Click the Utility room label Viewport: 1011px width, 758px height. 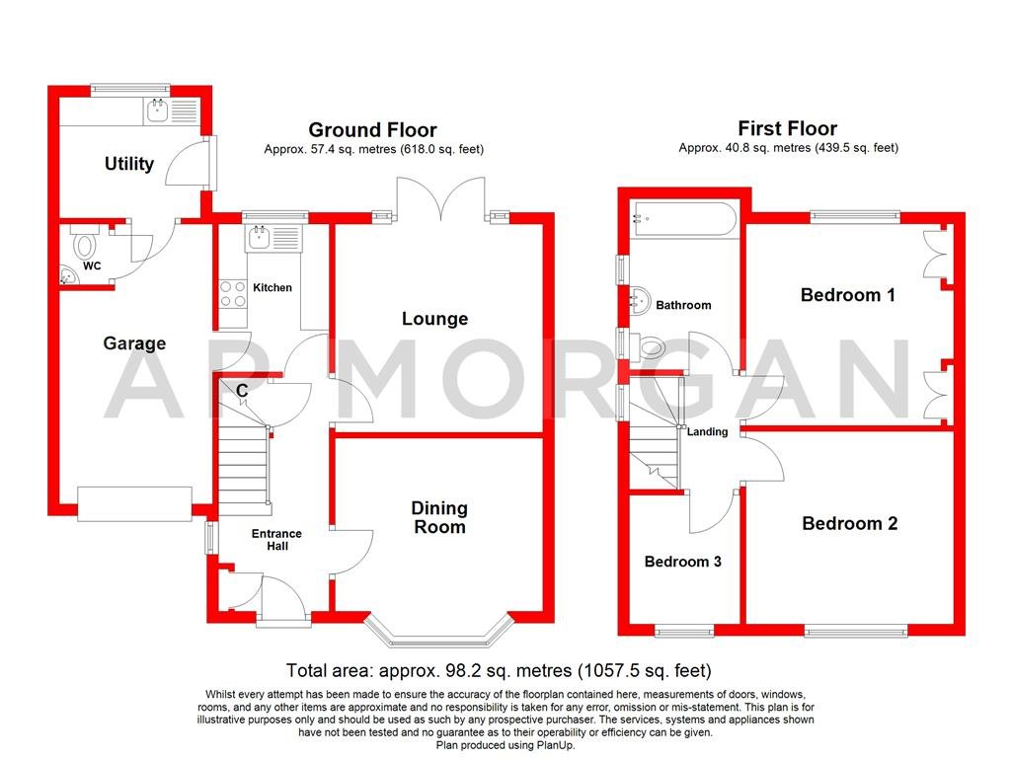tap(129, 163)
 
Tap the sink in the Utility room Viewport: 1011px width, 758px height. tap(156, 111)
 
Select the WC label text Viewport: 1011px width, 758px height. tap(92, 266)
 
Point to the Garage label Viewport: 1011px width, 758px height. tap(134, 343)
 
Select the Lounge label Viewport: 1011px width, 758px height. tap(434, 319)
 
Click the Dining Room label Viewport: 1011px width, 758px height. tap(439, 517)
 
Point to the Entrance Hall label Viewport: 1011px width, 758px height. tap(276, 540)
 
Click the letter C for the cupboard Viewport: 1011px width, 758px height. tap(241, 390)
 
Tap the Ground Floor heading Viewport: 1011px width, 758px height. tap(372, 129)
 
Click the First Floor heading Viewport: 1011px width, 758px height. tap(787, 128)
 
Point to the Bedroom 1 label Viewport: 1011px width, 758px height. tap(848, 294)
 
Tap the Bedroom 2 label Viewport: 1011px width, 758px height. tap(849, 523)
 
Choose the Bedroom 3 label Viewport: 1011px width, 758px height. tap(682, 562)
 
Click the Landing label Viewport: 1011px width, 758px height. tap(707, 431)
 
